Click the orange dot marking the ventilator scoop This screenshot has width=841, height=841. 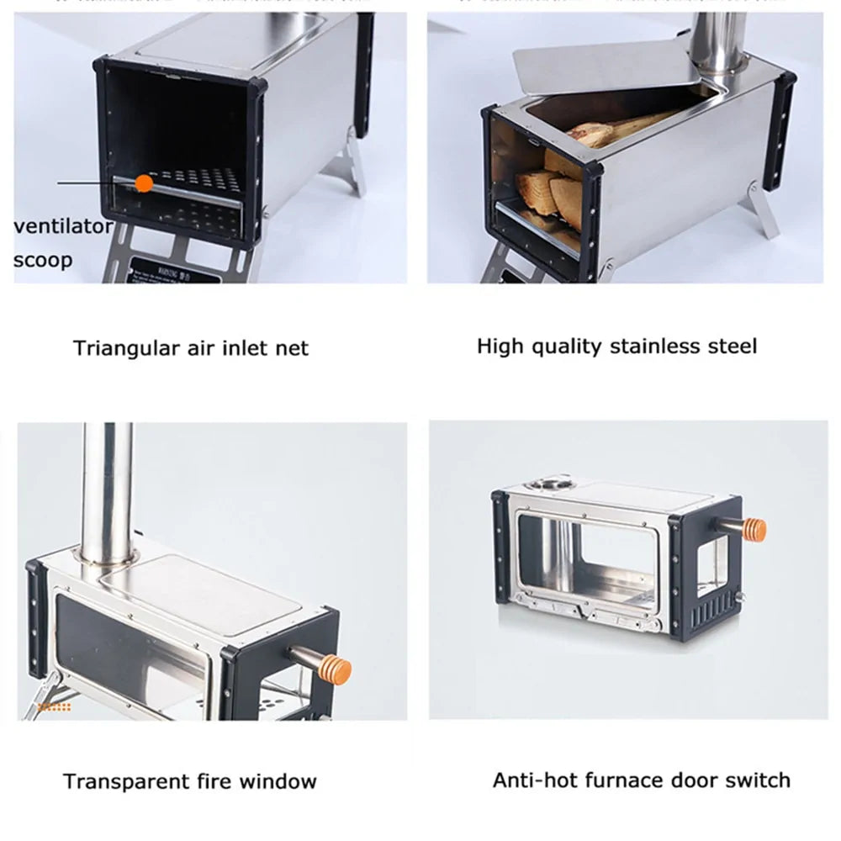pyautogui.click(x=144, y=182)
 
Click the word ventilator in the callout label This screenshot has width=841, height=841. pyautogui.click(x=63, y=226)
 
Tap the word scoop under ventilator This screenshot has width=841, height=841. pyautogui.click(x=43, y=259)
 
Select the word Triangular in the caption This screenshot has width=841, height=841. pyautogui.click(x=127, y=348)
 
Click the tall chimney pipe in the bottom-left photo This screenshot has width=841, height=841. pyautogui.click(x=107, y=488)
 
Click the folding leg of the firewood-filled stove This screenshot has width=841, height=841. pyautogui.click(x=766, y=211)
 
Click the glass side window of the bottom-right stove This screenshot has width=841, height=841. pyautogui.click(x=589, y=559)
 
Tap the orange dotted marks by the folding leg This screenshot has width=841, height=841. pyautogui.click(x=55, y=707)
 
